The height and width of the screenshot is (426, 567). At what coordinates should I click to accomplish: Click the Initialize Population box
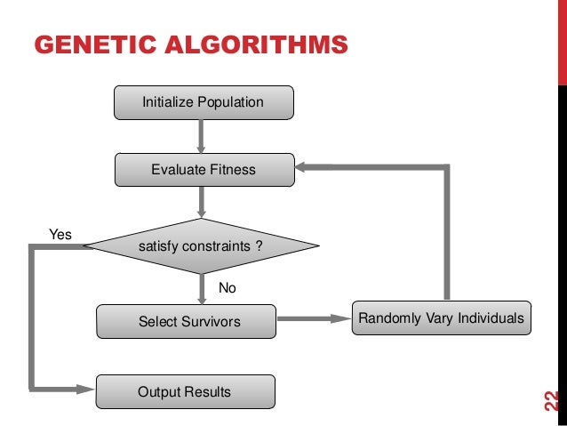pos(203,102)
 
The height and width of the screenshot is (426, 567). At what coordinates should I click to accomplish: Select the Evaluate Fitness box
pos(203,169)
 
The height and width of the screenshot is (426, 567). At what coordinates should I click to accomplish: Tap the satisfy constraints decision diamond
pos(201,245)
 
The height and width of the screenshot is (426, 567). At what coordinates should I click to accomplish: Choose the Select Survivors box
pos(186,321)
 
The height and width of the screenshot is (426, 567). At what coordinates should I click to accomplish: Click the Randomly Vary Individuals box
pos(442,317)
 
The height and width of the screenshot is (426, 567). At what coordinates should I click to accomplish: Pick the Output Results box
pos(186,391)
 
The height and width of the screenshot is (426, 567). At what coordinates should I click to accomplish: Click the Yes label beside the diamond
pos(60,235)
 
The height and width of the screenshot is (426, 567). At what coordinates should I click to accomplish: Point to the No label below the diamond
pos(228,288)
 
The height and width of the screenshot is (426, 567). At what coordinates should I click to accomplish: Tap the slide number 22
pos(550,402)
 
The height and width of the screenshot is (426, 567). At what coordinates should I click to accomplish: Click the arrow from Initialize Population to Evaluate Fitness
pos(203,135)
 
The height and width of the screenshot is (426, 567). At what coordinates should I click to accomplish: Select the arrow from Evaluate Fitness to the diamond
pos(203,202)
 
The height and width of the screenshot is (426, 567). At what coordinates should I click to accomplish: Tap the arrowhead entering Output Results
pos(87,389)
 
